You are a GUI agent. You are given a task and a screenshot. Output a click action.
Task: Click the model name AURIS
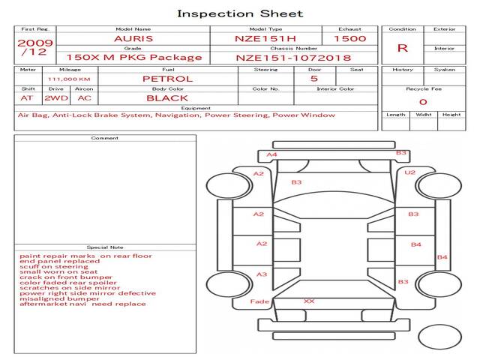tap(133, 39)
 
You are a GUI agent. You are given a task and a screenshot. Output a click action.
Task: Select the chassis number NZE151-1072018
tap(293, 58)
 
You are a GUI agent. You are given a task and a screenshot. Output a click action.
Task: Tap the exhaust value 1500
tap(350, 39)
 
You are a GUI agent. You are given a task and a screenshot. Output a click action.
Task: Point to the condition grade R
tap(403, 48)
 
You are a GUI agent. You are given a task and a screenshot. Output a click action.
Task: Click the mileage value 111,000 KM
tap(69, 79)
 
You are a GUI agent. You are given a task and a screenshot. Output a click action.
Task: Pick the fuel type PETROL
tap(168, 79)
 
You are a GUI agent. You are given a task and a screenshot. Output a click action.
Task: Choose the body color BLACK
tap(167, 98)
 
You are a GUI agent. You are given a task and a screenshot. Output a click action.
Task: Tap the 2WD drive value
tap(56, 98)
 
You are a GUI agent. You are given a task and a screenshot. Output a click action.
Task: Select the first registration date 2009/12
tap(35, 47)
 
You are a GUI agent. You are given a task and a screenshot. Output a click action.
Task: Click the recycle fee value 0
tap(423, 102)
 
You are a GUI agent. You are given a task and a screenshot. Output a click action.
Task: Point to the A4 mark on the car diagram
tap(271, 154)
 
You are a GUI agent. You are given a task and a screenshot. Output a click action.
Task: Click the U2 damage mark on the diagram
tap(410, 172)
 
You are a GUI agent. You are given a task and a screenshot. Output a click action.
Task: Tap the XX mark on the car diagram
tap(309, 301)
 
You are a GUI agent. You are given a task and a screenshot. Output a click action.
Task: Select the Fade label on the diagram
tap(259, 301)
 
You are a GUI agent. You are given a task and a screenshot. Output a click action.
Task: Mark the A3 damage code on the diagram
tap(262, 274)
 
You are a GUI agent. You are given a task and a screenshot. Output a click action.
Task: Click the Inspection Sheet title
tap(240, 13)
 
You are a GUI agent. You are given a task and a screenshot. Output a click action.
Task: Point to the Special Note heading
tap(105, 247)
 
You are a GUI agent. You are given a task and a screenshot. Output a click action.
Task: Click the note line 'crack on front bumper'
tap(66, 277)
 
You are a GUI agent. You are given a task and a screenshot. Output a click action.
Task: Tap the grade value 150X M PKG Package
tap(134, 58)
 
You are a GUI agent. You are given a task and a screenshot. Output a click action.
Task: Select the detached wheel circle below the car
tap(440, 337)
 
